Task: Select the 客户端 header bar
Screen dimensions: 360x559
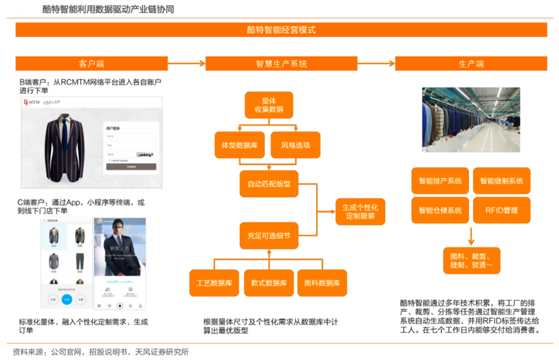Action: pyautogui.click(x=91, y=63)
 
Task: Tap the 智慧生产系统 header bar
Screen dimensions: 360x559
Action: pyautogui.click(x=281, y=63)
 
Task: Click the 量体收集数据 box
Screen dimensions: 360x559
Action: pyautogui.click(x=269, y=105)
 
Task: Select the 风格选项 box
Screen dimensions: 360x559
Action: pyautogui.click(x=295, y=145)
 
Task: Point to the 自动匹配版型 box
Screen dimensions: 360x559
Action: pyautogui.click(x=269, y=184)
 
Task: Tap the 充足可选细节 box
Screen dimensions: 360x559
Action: pyautogui.click(x=269, y=236)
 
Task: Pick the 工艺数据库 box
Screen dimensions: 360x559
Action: pyautogui.click(x=214, y=283)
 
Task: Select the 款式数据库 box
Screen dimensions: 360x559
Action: pyautogui.click(x=269, y=283)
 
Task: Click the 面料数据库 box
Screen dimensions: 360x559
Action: pyautogui.click(x=322, y=283)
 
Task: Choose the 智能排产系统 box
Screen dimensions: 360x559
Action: pyautogui.click(x=439, y=181)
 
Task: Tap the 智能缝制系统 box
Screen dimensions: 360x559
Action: pyautogui.click(x=501, y=181)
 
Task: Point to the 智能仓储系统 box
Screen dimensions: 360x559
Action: pyautogui.click(x=439, y=210)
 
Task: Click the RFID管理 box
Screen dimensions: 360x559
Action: pyautogui.click(x=501, y=210)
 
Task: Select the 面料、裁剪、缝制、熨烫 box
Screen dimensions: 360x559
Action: pyautogui.click(x=471, y=260)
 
